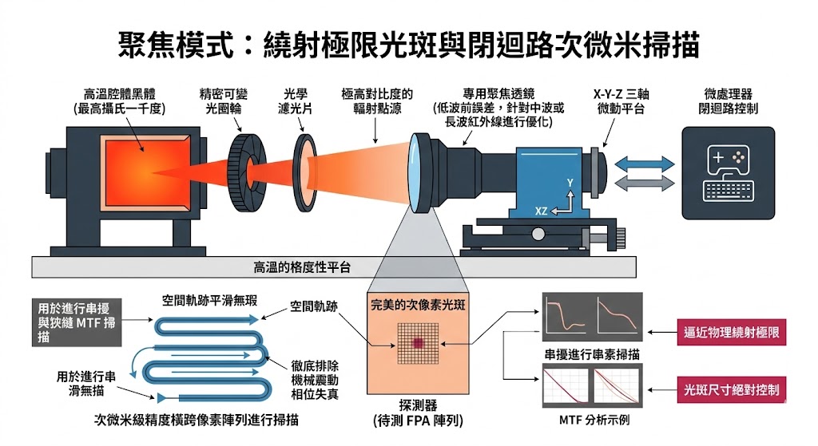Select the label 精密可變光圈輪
[225, 101]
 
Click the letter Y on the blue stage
[570, 184]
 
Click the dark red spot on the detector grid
[417, 343]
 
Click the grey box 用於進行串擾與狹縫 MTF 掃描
[75, 322]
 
